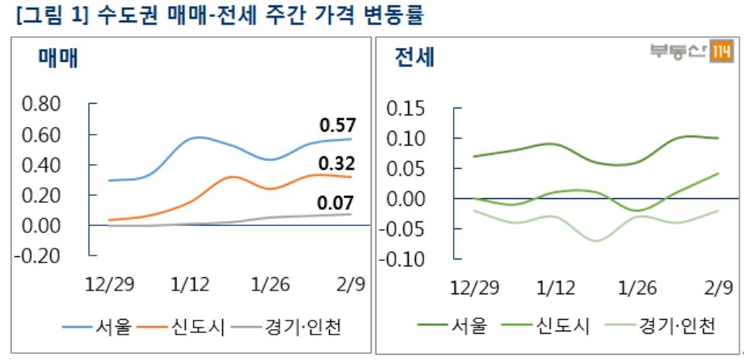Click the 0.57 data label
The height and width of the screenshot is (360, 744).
(x=337, y=124)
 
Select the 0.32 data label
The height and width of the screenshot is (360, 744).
(x=337, y=163)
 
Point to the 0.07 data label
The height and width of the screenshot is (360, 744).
(x=337, y=204)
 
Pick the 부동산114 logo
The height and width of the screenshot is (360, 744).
(x=691, y=52)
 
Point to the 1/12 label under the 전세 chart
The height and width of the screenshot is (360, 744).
(x=556, y=289)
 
